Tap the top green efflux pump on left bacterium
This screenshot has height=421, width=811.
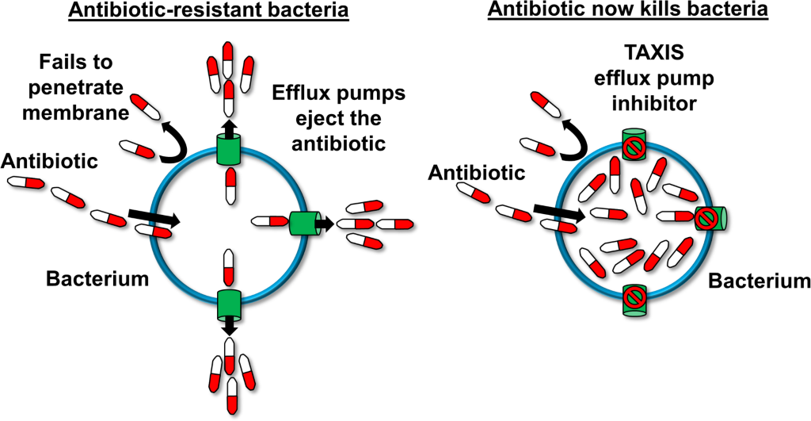(228, 149)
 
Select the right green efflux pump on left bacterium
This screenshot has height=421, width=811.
(303, 224)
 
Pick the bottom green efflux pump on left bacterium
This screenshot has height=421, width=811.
(228, 302)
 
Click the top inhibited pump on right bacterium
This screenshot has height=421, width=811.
(631, 145)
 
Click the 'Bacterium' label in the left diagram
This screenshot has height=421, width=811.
(97, 279)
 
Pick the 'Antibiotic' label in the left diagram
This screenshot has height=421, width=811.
(49, 162)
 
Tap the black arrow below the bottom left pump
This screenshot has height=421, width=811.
(229, 325)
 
